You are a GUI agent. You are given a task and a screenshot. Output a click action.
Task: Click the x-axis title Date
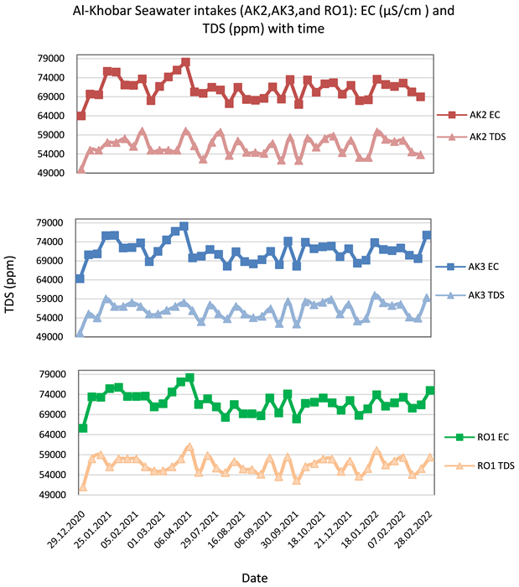click(255, 578)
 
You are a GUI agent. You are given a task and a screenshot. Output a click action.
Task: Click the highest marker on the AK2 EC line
click(185, 62)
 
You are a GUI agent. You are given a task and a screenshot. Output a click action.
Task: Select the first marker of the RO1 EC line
click(82, 428)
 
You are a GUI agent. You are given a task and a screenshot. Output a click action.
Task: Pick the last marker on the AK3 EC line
click(427, 235)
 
